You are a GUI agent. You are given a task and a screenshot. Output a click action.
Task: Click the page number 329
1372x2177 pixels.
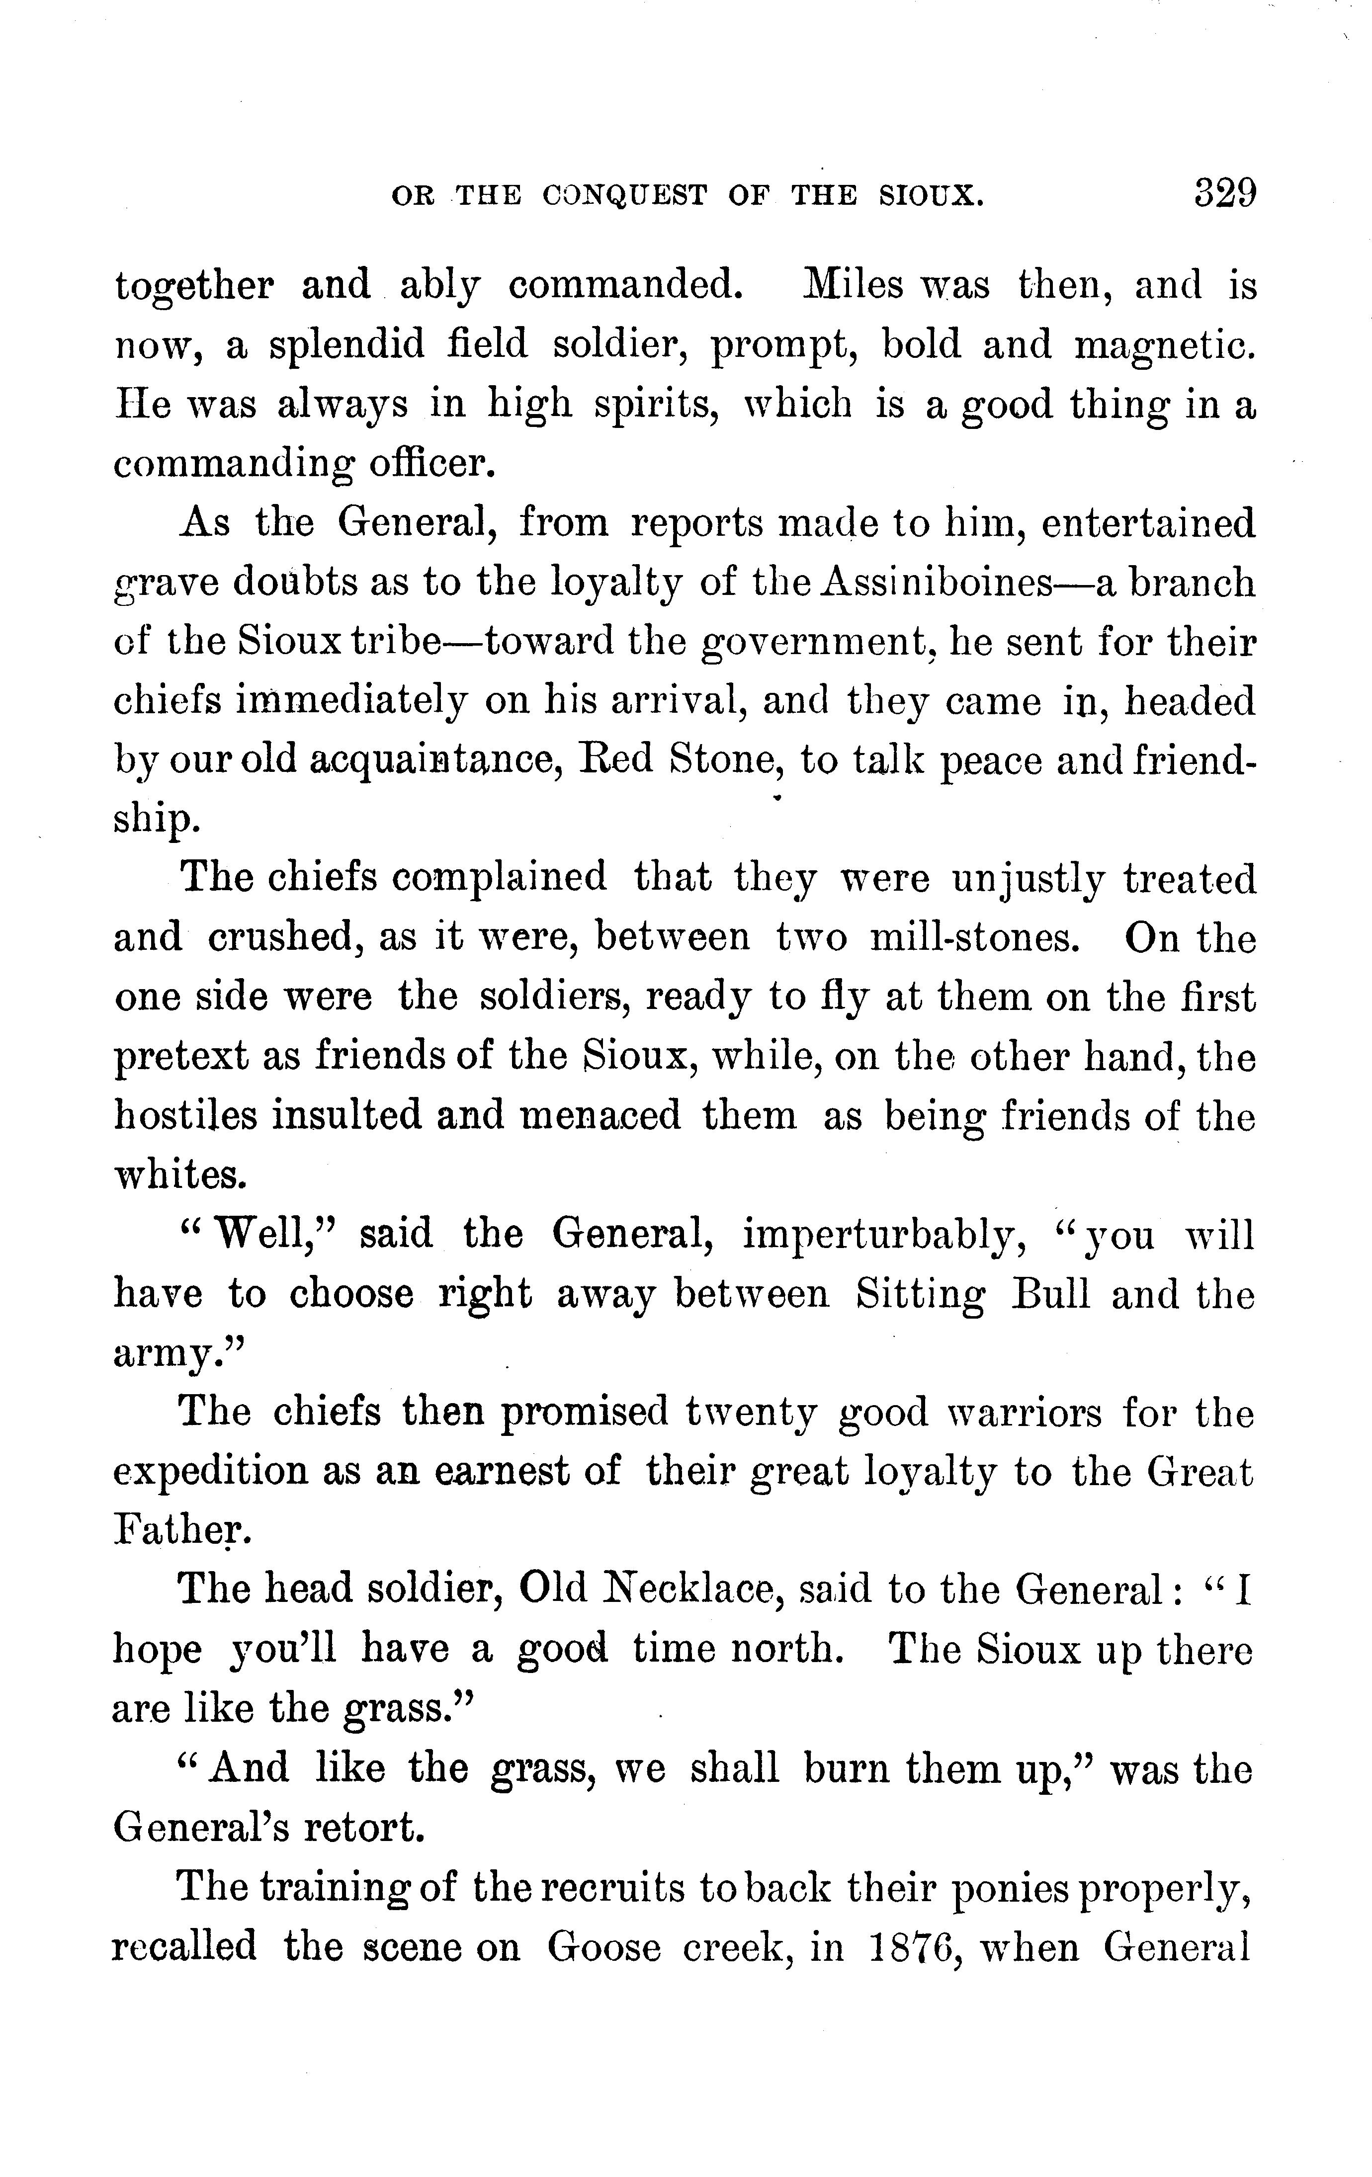[1225, 193]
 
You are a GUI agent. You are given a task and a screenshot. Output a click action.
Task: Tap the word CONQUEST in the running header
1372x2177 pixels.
[625, 196]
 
